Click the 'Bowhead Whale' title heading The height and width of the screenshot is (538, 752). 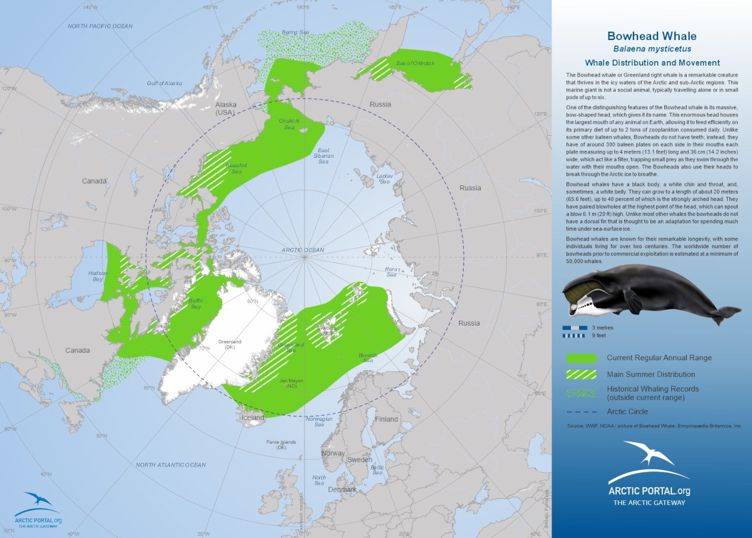coord(652,36)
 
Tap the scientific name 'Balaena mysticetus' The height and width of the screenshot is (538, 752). coord(652,48)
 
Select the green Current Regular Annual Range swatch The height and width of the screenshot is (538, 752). coord(580,358)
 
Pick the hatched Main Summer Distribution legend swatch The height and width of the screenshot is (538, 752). coord(580,375)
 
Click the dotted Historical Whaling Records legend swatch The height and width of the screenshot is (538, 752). coord(580,393)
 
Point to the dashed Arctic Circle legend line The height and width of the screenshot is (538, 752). coord(580,412)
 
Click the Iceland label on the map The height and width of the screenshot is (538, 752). coord(254,417)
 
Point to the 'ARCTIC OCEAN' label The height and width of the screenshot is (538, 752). coord(303,250)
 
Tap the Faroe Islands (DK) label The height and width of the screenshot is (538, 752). coord(276,445)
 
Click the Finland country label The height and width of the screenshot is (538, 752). coord(387,419)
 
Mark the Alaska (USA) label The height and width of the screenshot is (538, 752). coord(224,108)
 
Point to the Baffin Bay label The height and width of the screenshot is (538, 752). coord(196,304)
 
